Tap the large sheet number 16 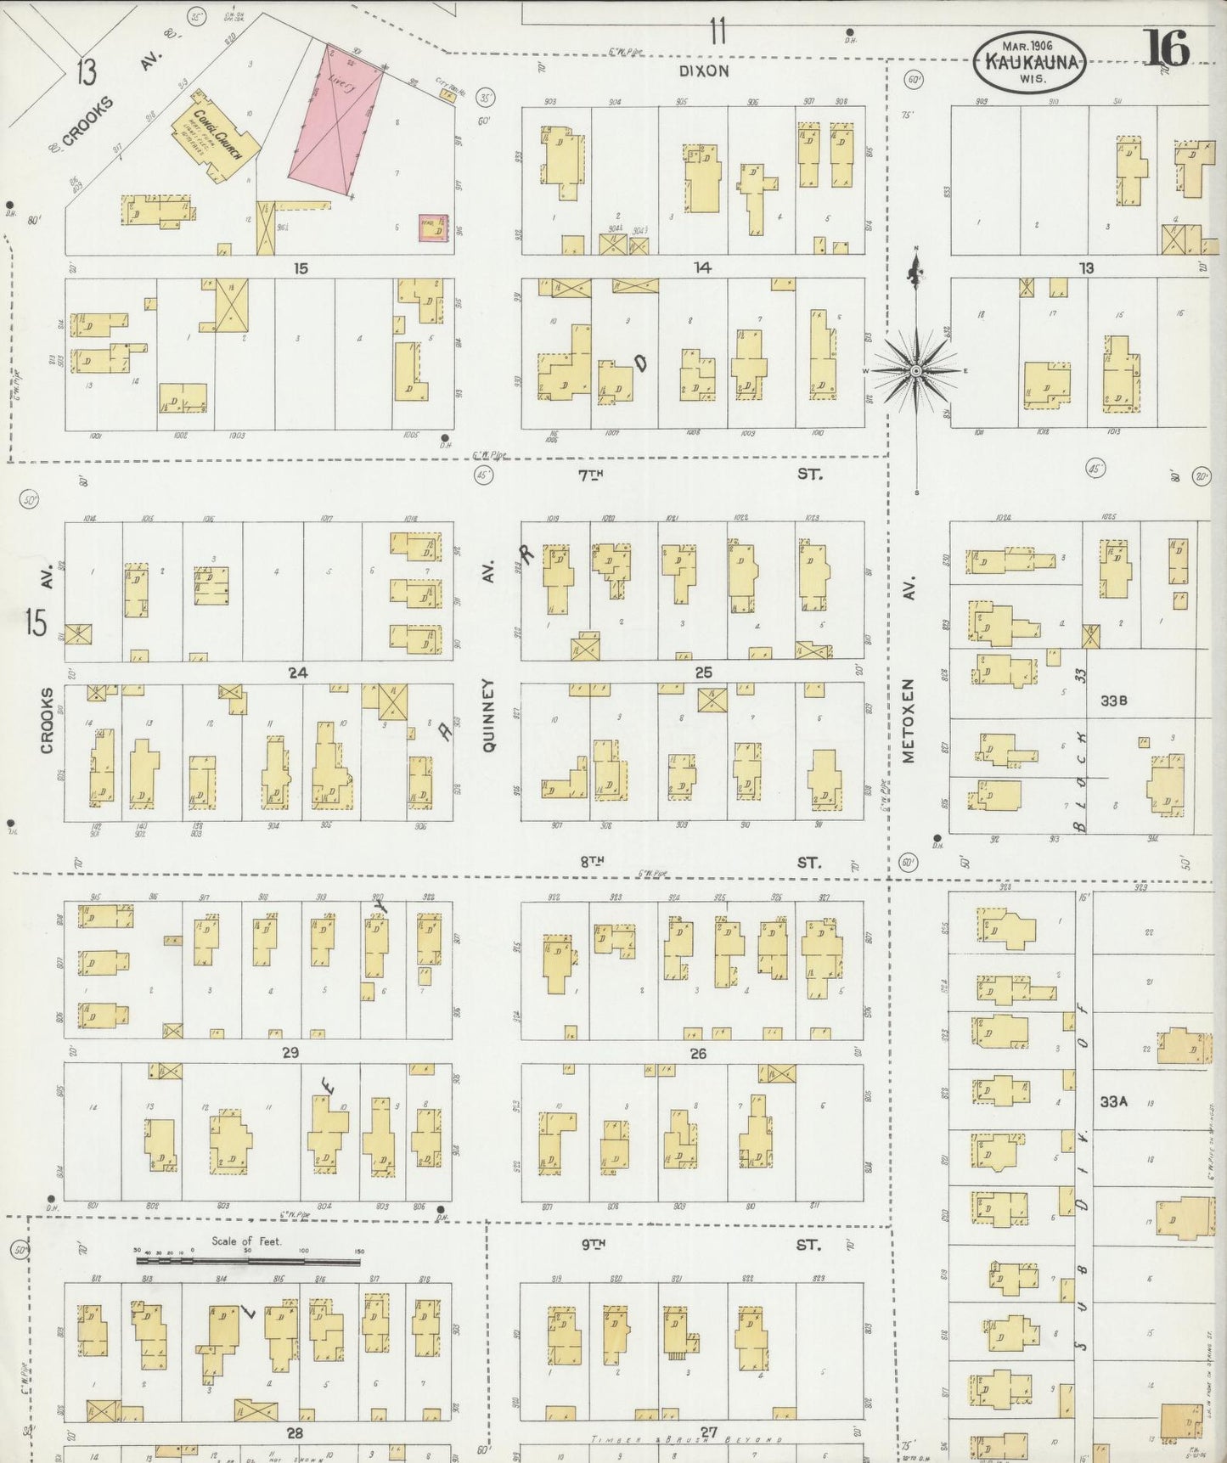1168,47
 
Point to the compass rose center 916,371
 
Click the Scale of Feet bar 249,1262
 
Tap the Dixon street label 704,70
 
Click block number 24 297,673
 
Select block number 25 703,673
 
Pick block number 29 290,1053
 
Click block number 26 698,1054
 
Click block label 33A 1113,1101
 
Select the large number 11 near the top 718,32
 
